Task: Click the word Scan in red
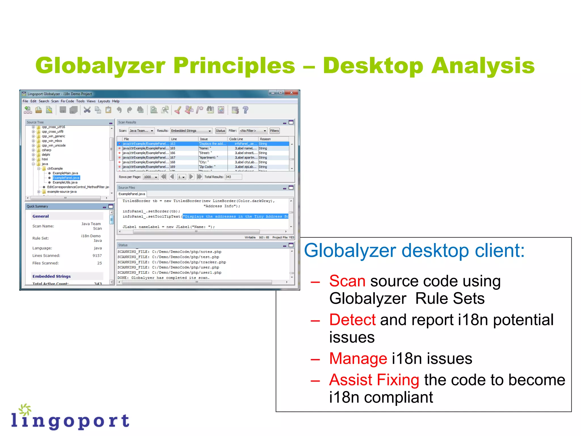tap(347, 281)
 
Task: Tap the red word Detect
tap(352, 320)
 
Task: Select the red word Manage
tap(358, 359)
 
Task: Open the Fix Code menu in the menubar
tap(67, 101)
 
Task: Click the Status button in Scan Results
tap(220, 131)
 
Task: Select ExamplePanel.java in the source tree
tap(66, 178)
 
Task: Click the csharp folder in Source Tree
tap(47, 150)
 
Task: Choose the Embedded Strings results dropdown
tap(191, 131)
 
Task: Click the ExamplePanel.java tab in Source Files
tap(132, 194)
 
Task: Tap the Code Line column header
tap(236, 139)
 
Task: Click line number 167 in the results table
tap(173, 158)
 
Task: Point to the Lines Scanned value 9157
tap(97, 256)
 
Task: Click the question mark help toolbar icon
tap(246, 110)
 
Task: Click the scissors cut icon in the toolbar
tap(87, 110)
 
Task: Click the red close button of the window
tap(291, 93)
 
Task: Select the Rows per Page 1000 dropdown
tap(150, 177)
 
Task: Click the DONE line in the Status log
tap(163, 278)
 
